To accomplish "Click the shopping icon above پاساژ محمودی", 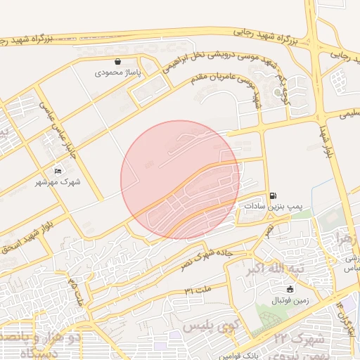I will point(117,62).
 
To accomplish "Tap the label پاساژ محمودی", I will point(118,72).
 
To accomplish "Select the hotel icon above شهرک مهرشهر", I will point(58,171).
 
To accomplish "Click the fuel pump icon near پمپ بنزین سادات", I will point(272,195).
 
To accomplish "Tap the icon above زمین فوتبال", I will point(290,289).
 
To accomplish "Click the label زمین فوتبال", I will point(290,300).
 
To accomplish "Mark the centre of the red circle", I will point(180,180).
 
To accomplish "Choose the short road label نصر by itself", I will point(269,229).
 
